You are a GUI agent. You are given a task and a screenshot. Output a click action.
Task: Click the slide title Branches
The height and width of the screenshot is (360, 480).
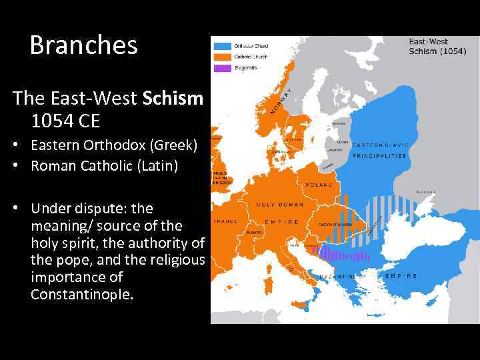(x=83, y=45)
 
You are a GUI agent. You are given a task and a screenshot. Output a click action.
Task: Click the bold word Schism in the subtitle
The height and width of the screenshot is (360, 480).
(x=173, y=99)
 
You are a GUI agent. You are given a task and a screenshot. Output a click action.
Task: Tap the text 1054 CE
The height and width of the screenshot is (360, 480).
(x=64, y=121)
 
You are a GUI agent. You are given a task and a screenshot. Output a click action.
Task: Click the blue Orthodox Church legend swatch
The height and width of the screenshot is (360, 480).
(x=221, y=45)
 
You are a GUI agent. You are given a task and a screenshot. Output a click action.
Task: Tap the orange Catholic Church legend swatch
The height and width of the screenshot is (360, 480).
(x=221, y=57)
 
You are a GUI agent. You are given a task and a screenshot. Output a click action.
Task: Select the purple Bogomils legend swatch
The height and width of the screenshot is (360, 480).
(x=221, y=68)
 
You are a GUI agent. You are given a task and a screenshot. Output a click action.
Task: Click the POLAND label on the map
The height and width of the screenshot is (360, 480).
(x=319, y=184)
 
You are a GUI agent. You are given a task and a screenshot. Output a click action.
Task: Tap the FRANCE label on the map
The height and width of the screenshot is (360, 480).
(x=225, y=221)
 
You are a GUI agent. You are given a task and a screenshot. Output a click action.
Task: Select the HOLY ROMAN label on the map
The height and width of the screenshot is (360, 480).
(x=280, y=205)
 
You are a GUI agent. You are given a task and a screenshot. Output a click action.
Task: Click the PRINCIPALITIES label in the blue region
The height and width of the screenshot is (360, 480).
(x=380, y=155)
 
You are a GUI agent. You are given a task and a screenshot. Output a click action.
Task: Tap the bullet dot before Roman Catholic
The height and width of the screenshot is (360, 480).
(x=15, y=165)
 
